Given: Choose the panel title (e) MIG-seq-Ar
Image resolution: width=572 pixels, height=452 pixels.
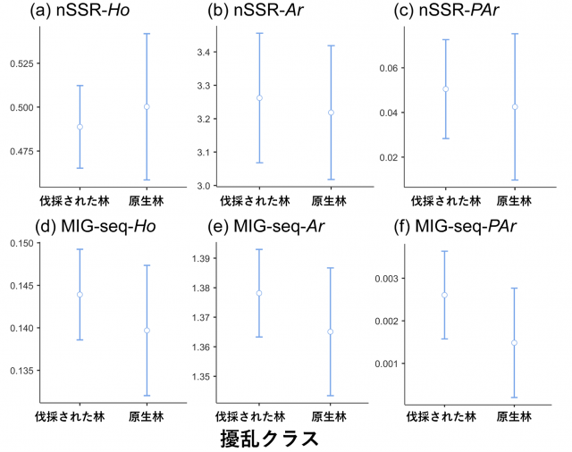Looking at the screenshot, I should coord(265,225).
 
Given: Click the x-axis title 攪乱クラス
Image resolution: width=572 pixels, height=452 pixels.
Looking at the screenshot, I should coord(269,439).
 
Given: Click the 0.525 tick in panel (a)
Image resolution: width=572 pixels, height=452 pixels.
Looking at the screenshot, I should coord(20,63).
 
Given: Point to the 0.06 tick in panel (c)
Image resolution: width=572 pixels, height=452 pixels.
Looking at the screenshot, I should coord(386,68).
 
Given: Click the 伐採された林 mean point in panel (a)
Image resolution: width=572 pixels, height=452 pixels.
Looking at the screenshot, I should coord(80,127).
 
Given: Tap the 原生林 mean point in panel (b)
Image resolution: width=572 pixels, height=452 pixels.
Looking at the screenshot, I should coord(331,113).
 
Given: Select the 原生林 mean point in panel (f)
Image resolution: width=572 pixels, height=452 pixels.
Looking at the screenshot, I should coord(514,342).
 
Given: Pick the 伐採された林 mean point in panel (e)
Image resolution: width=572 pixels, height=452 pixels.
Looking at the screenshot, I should coord(259,293).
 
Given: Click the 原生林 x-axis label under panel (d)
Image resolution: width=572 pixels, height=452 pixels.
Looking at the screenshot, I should coord(146,416).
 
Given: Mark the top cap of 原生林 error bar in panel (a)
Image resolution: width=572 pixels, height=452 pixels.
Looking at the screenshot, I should coord(147,34).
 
